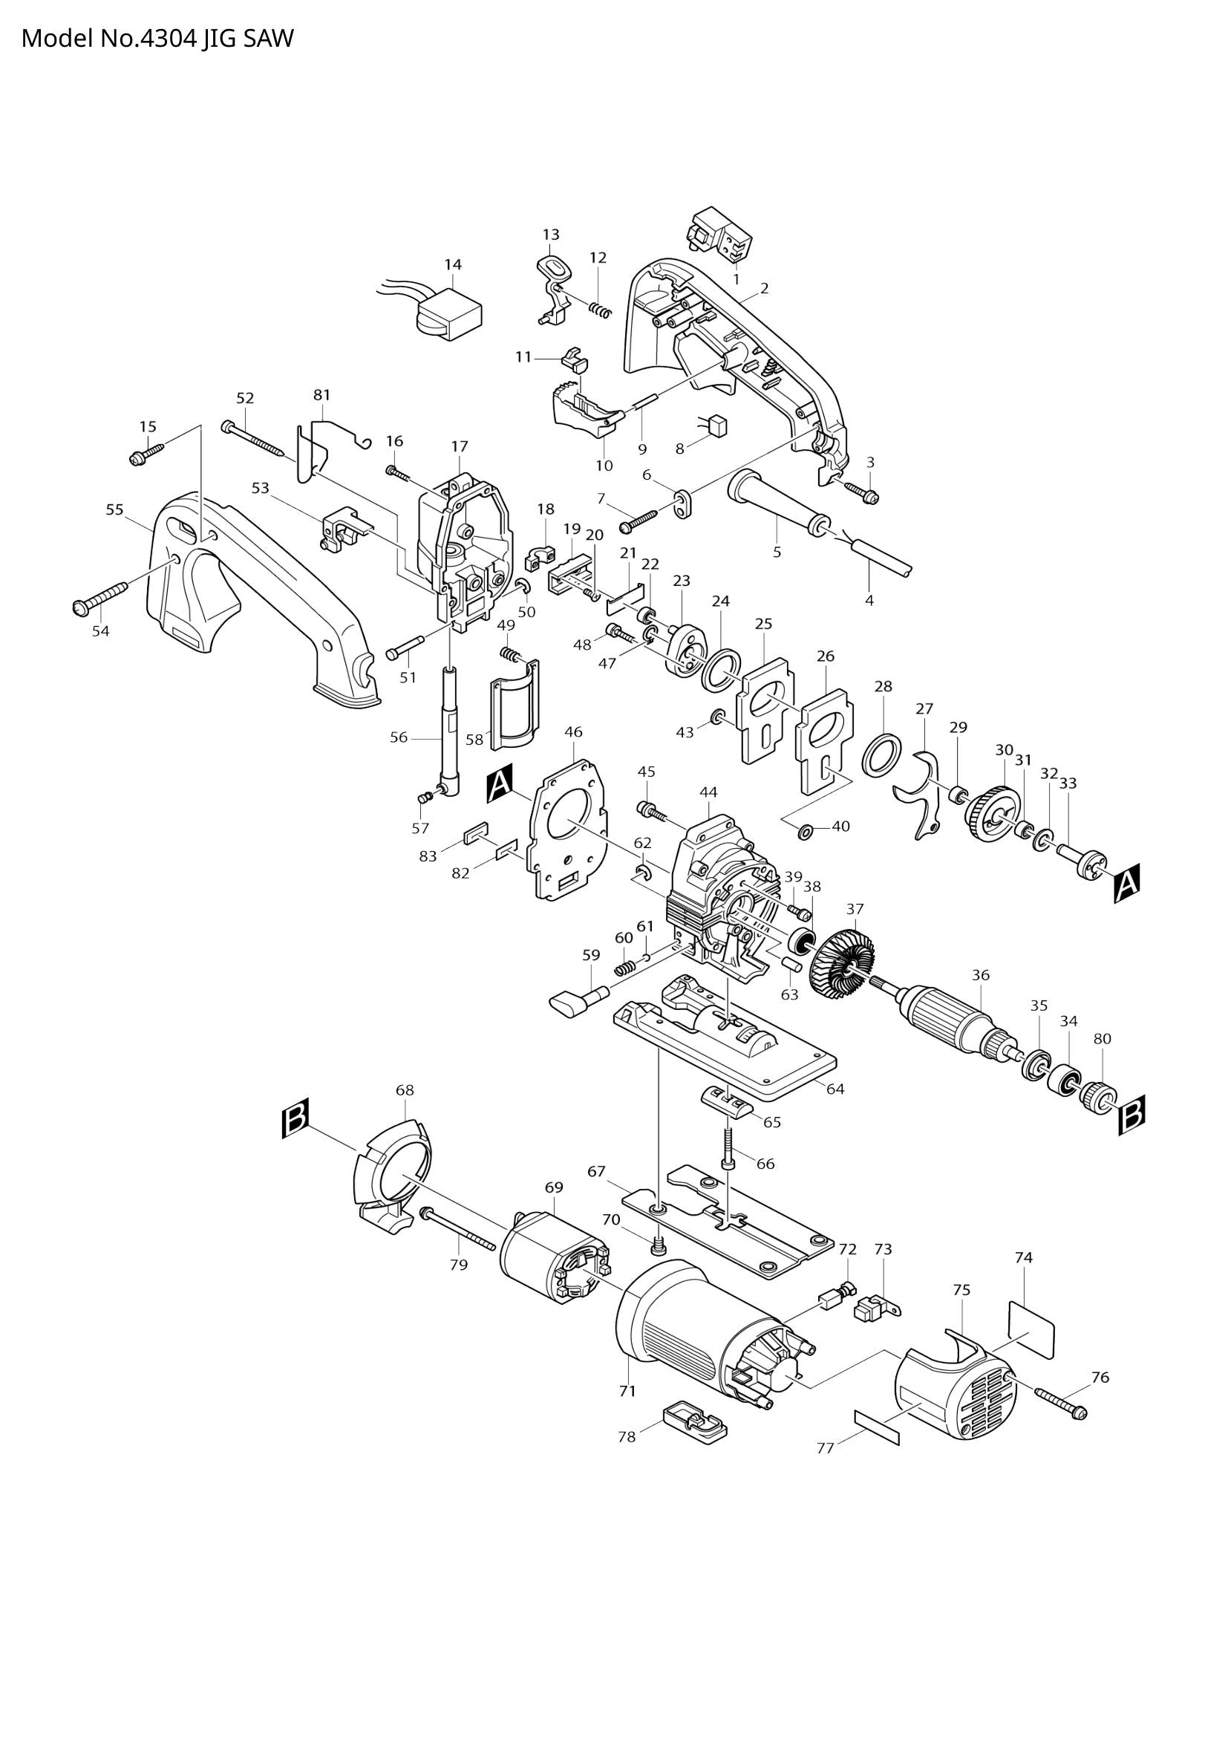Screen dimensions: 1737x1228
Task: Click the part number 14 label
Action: pyautogui.click(x=452, y=265)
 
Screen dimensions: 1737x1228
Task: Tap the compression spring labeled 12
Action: pyautogui.click(x=600, y=309)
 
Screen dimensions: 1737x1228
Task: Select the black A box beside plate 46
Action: pyautogui.click(x=500, y=784)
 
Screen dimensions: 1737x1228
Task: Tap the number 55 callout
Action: pyautogui.click(x=114, y=510)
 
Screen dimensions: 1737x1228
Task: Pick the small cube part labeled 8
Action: pyautogui.click(x=719, y=427)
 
